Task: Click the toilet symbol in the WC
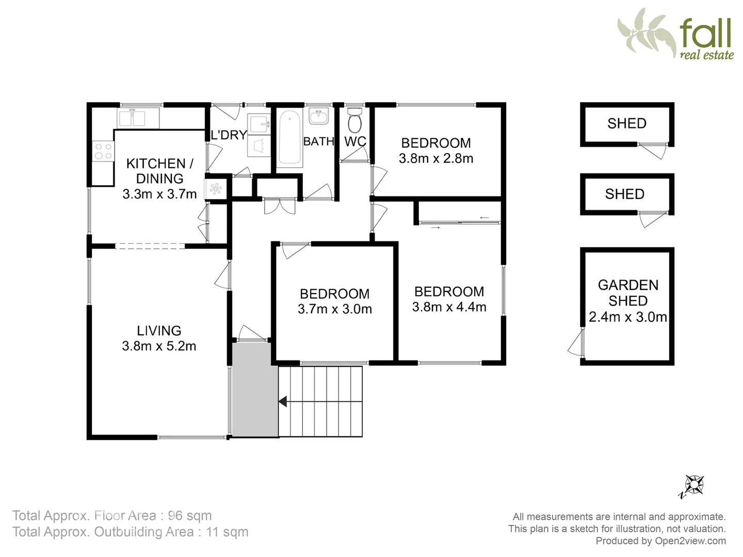coord(354,122)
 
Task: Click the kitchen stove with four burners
coord(103,152)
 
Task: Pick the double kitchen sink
coord(132,118)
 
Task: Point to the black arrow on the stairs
coord(283,401)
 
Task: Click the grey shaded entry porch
coord(254,390)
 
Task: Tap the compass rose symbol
coord(695,485)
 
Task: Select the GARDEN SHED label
coord(628,292)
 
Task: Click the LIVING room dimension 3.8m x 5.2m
coord(159,346)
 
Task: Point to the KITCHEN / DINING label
coord(159,171)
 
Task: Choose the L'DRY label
coord(229,135)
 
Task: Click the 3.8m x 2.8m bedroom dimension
coord(436,158)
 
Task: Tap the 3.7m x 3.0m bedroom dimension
coord(335,309)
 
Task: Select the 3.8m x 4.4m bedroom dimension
coord(449,307)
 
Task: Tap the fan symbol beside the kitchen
coord(216,189)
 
